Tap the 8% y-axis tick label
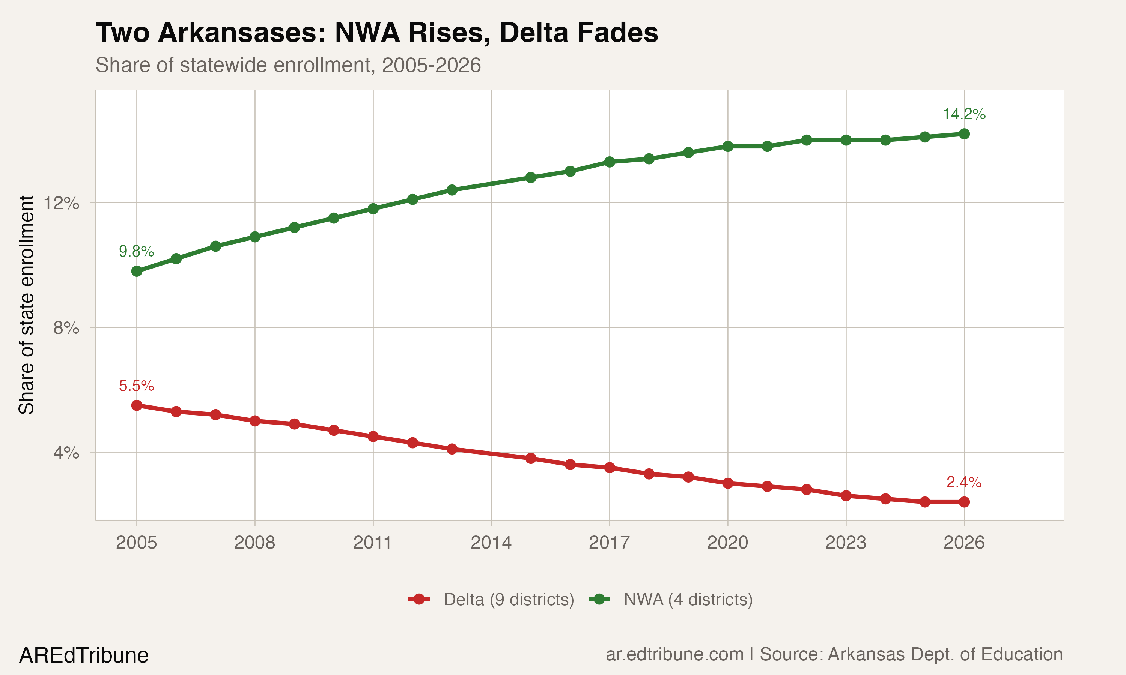(x=66, y=327)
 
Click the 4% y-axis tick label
(x=66, y=452)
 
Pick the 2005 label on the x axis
(x=136, y=543)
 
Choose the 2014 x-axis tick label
(x=491, y=543)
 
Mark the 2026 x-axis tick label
(x=963, y=543)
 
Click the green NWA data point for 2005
(x=137, y=271)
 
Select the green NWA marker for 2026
(x=964, y=134)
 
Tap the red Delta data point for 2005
(x=137, y=405)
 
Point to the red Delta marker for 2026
(x=964, y=502)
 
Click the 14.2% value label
(x=963, y=114)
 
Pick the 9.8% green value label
(x=136, y=251)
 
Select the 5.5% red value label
(x=136, y=386)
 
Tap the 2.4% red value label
(x=963, y=482)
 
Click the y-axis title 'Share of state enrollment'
(x=26, y=305)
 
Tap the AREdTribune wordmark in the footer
(x=84, y=655)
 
